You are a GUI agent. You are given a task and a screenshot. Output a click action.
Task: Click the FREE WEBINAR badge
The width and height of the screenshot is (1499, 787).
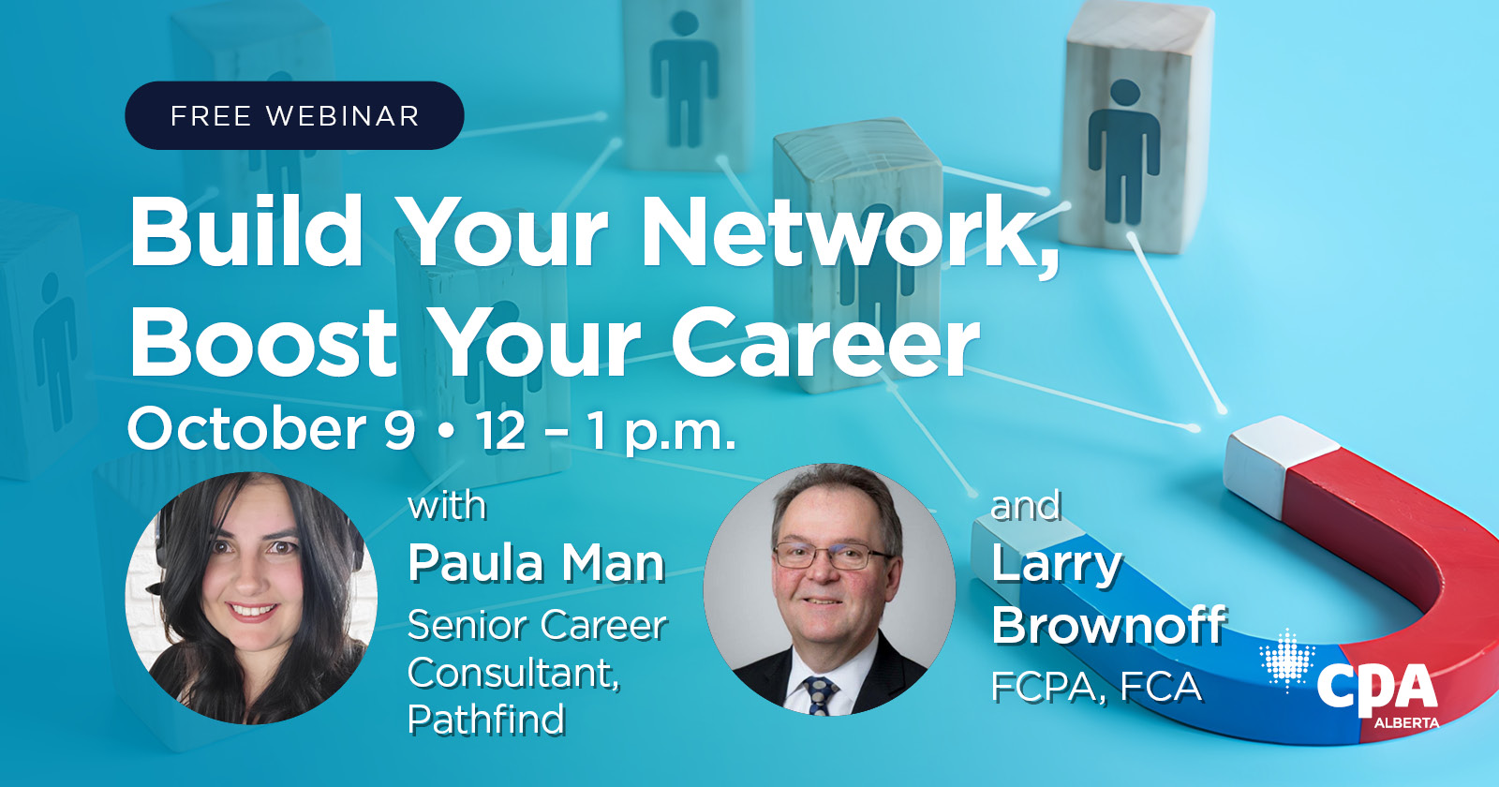point(294,115)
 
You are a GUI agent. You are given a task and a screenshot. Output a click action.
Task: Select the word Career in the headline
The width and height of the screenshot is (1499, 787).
point(824,343)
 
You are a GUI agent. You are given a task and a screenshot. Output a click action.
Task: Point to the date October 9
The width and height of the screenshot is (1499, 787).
point(271,430)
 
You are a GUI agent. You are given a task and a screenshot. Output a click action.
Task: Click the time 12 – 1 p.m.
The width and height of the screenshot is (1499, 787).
point(604,431)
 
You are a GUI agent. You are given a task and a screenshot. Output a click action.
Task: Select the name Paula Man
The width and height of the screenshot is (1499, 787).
point(536,563)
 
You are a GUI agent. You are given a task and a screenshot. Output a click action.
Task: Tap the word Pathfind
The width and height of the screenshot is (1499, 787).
point(486,720)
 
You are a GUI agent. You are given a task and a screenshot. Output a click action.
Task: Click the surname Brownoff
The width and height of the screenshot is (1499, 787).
point(1109,625)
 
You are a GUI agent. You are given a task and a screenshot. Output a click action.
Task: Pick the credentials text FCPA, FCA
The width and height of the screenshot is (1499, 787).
point(1096,688)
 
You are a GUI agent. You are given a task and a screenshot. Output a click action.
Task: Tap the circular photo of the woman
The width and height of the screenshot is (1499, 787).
point(251,598)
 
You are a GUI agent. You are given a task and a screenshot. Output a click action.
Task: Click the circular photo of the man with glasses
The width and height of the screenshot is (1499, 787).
point(829,590)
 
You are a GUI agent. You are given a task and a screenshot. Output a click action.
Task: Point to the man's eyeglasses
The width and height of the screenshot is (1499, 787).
point(828,557)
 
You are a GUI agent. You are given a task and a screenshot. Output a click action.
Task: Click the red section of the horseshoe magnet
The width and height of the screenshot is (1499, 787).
point(1405,534)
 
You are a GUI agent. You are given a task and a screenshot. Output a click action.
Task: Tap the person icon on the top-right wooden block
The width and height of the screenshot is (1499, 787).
point(1123,150)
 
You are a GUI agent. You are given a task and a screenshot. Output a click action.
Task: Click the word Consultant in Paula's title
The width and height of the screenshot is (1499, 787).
point(513,673)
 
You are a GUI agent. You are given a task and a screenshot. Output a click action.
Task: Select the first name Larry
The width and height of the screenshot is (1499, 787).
point(1056,563)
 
